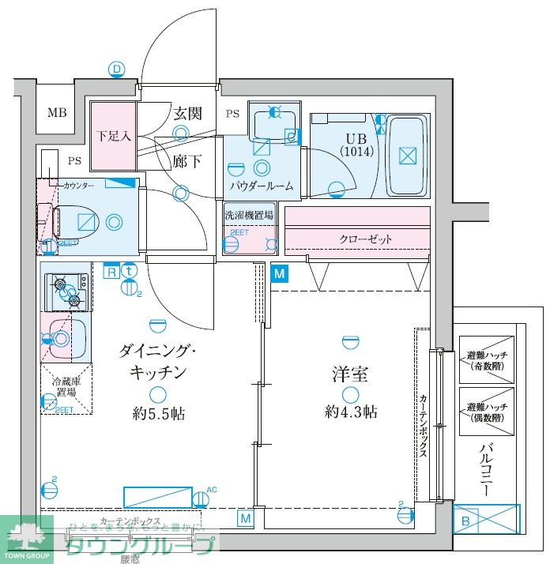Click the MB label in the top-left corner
coord(56,112)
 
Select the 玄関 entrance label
coord(187,113)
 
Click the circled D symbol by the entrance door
coord(117,70)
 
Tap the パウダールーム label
coord(262,186)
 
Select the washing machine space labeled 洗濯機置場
coord(249,214)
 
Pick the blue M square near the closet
coord(278,273)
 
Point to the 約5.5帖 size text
coord(158,413)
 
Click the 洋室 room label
coord(349,374)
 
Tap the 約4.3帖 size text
coord(350,411)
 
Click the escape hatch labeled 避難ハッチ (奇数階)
coord(486,359)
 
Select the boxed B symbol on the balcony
coord(465,521)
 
